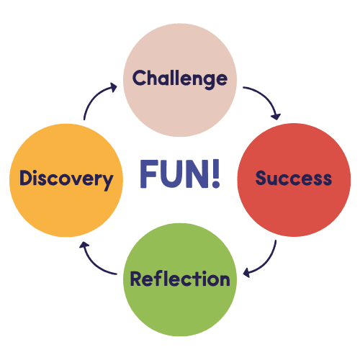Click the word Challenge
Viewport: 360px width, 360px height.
tap(180, 79)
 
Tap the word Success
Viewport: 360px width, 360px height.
tap(294, 178)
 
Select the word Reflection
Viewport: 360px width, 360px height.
tap(180, 279)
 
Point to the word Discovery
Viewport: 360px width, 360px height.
tap(66, 179)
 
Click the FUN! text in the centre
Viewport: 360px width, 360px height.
tap(180, 174)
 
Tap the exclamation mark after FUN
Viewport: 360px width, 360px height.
tap(216, 174)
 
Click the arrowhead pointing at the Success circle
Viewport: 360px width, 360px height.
tap(276, 116)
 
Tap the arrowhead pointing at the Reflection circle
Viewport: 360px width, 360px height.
tap(247, 273)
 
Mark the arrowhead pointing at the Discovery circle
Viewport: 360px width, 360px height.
tap(84, 246)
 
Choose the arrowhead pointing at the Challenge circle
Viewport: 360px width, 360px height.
tap(114, 87)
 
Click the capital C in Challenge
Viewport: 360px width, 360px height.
tap(139, 78)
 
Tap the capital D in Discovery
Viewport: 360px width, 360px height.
tap(26, 178)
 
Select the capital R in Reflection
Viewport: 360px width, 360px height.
tap(137, 279)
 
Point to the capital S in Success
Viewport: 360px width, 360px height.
tap(261, 178)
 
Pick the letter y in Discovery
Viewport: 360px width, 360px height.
tap(107, 182)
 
